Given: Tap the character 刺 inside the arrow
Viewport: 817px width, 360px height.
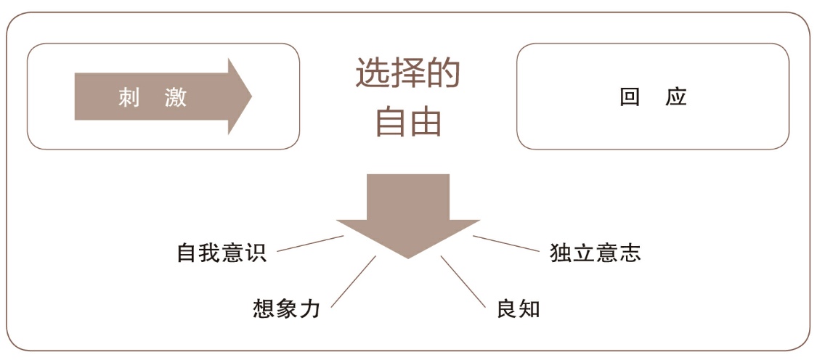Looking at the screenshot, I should coord(129,97).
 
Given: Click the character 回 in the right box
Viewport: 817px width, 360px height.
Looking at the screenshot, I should coord(629,97).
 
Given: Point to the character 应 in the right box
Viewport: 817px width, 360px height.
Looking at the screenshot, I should coord(676,97).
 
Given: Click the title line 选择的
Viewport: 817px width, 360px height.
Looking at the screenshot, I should coord(407,74).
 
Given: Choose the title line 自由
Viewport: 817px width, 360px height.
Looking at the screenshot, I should coord(407,122).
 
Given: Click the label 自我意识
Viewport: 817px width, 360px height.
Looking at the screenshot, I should coord(222,253).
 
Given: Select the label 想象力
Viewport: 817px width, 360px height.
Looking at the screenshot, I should coord(287,308).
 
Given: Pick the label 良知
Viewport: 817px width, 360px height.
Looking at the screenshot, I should coord(519,308).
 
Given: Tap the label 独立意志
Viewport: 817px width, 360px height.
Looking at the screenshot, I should coord(596,253).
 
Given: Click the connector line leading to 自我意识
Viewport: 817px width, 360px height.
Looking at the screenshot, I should coord(310,243).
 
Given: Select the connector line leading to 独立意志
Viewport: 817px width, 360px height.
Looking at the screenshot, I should coord(505,244).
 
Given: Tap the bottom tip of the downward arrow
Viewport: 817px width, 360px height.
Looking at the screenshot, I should coord(407,256).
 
